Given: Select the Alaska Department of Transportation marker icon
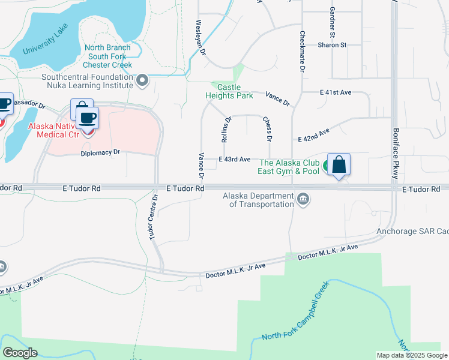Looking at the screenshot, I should [x=303, y=199].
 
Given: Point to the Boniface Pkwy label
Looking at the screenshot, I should [x=396, y=154].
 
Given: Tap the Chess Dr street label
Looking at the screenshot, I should [x=268, y=130].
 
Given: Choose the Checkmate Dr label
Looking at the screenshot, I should [x=303, y=52].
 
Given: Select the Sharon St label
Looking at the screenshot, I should [x=333, y=45].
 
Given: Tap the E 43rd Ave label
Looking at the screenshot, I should [x=235, y=159].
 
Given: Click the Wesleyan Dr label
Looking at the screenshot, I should [x=200, y=37].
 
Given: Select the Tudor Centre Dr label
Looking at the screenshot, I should [x=153, y=217].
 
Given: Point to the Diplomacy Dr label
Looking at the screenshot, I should [x=101, y=152].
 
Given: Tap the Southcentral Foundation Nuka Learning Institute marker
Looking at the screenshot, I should [x=142, y=80].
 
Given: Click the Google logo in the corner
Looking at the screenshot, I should [x=20, y=353].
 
